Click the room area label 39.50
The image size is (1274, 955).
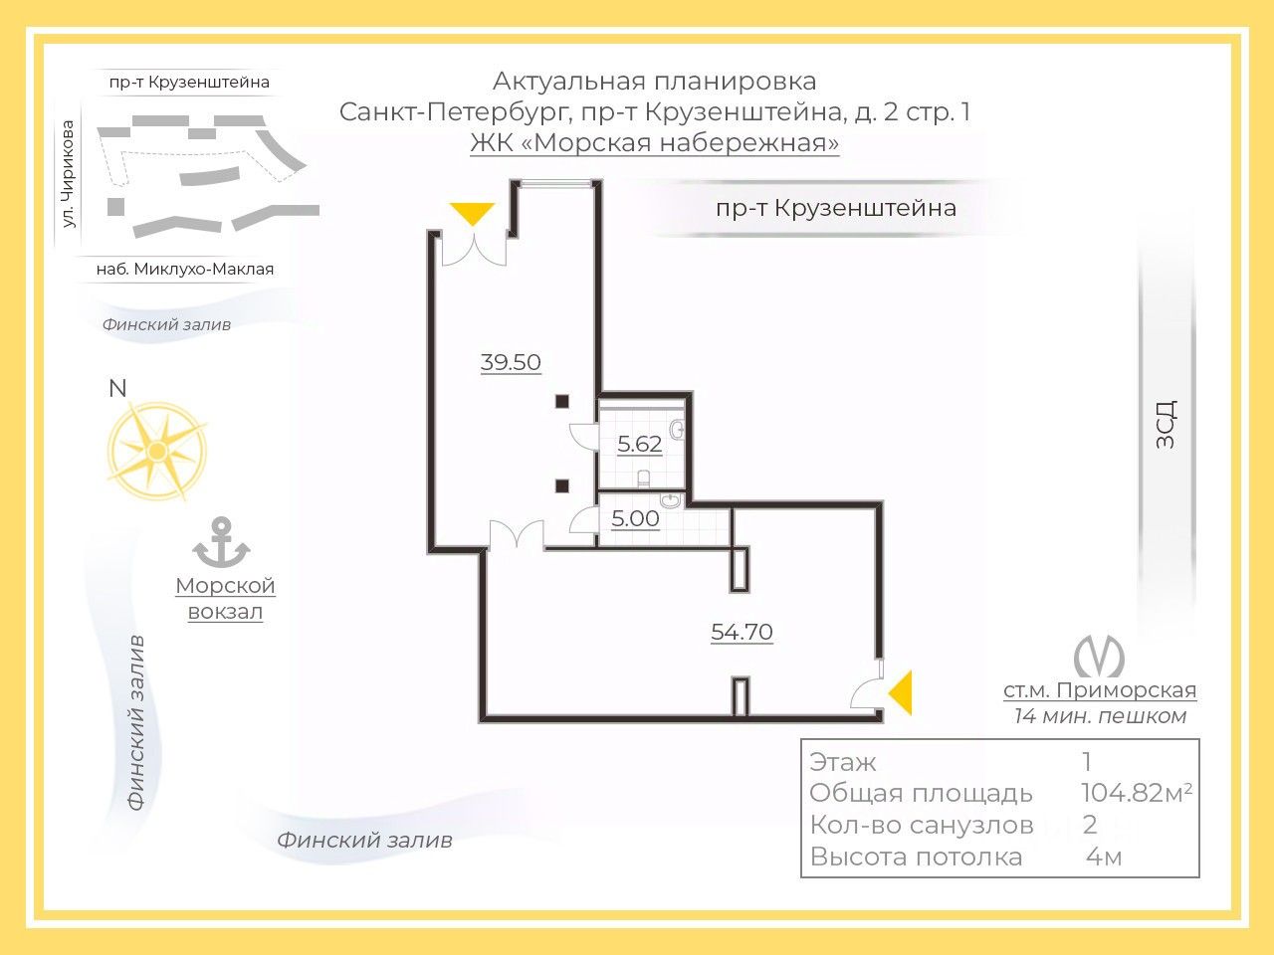(x=511, y=362)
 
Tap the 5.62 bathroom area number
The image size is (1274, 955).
(x=639, y=444)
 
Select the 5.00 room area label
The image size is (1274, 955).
(x=635, y=518)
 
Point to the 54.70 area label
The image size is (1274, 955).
(x=742, y=632)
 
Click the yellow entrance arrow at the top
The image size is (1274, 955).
(x=472, y=214)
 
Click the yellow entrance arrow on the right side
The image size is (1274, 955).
(x=901, y=692)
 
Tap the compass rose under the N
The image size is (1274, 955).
(x=156, y=452)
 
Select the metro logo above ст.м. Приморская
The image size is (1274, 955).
(x=1099, y=656)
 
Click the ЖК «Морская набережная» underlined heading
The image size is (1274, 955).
(x=655, y=143)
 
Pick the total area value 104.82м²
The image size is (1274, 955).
(x=1136, y=793)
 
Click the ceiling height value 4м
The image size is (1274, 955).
(x=1104, y=857)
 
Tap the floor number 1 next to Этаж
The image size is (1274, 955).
(x=1087, y=762)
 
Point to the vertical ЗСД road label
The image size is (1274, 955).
(x=1166, y=424)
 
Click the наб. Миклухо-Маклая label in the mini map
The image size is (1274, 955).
(x=184, y=269)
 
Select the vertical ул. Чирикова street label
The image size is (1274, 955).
(x=68, y=174)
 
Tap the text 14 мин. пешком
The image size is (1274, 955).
(x=1099, y=716)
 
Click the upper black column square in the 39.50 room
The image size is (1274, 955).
(x=562, y=401)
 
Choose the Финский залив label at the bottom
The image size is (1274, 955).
(x=364, y=840)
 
